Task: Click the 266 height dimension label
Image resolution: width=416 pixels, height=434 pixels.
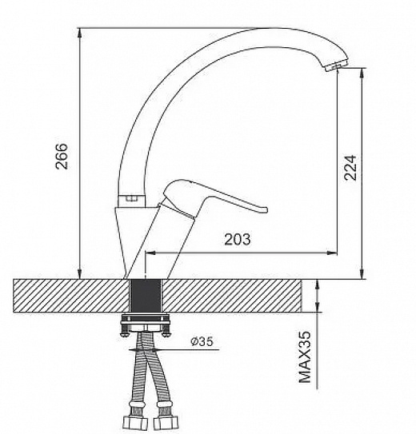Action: [x=62, y=156]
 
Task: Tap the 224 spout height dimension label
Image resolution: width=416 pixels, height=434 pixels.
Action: [x=350, y=168]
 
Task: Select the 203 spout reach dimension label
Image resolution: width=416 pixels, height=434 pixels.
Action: [x=238, y=240]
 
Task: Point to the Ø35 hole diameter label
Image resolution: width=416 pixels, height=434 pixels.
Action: [x=202, y=341]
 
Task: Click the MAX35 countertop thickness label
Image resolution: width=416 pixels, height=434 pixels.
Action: [x=305, y=357]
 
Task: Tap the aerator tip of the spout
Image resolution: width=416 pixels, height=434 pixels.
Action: [x=336, y=66]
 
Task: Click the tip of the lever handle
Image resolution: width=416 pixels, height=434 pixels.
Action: [x=265, y=209]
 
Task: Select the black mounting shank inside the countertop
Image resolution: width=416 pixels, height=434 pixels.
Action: [x=146, y=296]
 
